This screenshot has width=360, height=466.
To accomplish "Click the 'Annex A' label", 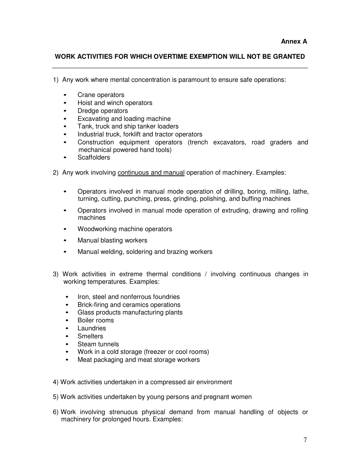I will point(294,41).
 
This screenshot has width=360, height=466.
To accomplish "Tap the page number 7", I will point(305,440).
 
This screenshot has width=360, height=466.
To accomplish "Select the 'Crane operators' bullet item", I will point(101,95).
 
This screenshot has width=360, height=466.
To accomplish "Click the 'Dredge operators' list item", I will point(103,111).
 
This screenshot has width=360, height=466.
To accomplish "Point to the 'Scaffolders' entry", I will point(94,157).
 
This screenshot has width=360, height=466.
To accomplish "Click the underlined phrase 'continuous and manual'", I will point(151,172).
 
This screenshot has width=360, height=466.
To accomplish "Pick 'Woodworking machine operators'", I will point(125,229).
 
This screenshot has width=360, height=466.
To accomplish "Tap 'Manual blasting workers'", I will point(112,240).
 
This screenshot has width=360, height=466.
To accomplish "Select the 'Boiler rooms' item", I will point(95,320).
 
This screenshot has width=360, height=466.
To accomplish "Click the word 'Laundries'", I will point(92,328).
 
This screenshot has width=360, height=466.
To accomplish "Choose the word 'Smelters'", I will point(90,336).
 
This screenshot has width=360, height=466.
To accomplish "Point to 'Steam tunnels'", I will point(98,344).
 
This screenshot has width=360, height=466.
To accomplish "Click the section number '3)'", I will point(56,274).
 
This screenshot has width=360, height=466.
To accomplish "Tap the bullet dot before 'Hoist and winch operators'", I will point(66,103).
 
